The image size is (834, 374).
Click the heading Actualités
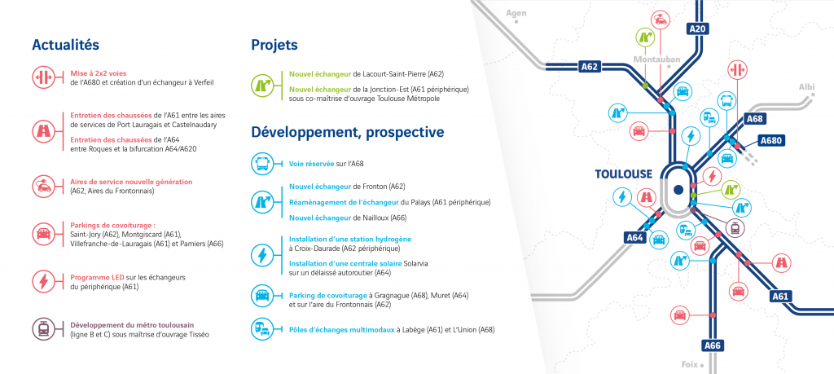coord(65,45)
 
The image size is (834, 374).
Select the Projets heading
coord(274,45)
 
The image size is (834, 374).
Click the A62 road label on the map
coord(590,67)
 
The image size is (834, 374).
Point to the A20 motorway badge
coord(698,29)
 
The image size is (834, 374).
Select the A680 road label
coord(771,141)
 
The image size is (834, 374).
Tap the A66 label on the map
coord(712,345)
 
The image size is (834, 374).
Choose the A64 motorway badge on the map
coord(635,238)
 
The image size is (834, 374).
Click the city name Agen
coord(516,13)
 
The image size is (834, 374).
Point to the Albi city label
coord(806,87)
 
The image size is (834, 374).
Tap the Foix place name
coord(689,364)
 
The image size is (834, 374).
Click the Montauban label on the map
coord(656,59)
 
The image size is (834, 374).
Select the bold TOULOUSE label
coord(623,174)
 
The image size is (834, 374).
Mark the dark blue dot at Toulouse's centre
coord(678,189)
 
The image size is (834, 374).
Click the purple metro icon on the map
coord(735,227)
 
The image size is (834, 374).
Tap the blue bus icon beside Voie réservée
coord(261,165)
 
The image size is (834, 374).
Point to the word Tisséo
coord(199,335)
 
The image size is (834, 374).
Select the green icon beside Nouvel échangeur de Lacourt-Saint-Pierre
coord(261,86)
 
